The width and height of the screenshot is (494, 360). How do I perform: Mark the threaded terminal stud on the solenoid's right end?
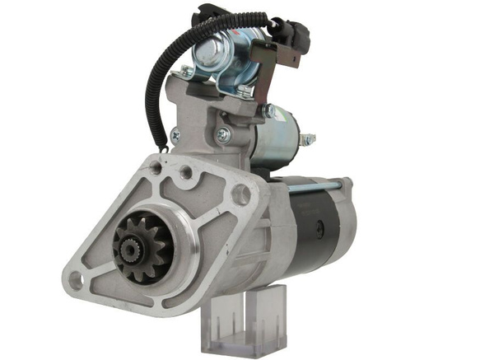click(x=306, y=140)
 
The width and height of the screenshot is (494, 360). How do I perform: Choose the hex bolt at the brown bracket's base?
click(x=268, y=110)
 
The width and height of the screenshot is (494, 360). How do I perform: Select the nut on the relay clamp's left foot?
click(x=188, y=72)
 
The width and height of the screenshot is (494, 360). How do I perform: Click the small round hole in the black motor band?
click(x=319, y=224)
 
